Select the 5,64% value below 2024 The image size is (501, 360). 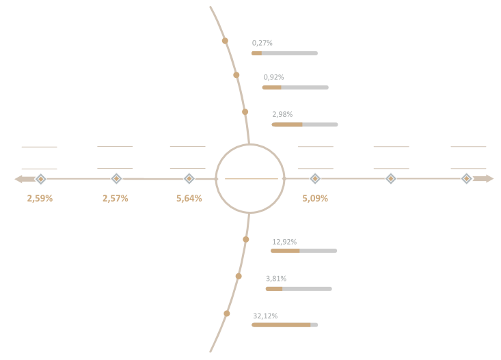[189, 199]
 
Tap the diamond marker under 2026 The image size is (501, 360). [390, 178]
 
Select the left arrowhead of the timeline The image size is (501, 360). [18, 179]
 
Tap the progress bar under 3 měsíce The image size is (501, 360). [295, 87]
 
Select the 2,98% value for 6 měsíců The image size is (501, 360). [282, 115]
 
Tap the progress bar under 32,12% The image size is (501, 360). [284, 325]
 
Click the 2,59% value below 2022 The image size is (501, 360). [40, 199]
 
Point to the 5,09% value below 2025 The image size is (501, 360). [314, 199]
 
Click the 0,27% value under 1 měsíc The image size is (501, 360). [262, 42]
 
